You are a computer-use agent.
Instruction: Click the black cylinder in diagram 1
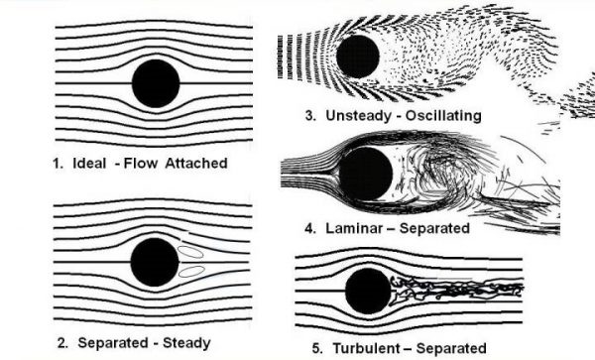[x=156, y=83]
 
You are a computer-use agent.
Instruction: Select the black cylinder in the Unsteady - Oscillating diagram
[x=357, y=56]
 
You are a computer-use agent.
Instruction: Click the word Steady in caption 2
[x=186, y=343]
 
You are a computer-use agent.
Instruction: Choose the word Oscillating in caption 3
[x=441, y=116]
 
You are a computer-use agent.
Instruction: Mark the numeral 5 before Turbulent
[x=315, y=348]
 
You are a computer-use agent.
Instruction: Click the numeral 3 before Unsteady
[x=310, y=116]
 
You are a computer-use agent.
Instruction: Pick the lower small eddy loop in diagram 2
[x=191, y=269]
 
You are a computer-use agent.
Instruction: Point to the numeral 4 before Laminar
[x=310, y=228]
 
